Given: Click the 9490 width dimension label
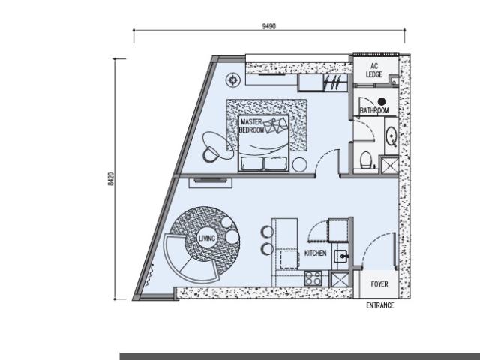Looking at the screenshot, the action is [x=269, y=26].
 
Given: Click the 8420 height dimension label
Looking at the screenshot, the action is [x=111, y=178].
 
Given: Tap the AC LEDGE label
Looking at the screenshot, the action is [x=374, y=70].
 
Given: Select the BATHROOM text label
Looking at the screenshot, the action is [x=374, y=110].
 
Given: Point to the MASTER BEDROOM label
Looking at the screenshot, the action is [x=251, y=126].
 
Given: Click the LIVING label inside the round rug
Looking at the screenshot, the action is [x=207, y=238].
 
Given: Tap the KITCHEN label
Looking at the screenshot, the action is [x=315, y=253].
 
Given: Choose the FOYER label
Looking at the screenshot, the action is [x=379, y=284].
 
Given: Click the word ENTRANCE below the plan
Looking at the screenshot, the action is [x=380, y=305].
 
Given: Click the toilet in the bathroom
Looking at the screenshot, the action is [x=366, y=160].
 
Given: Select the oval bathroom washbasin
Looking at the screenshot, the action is [x=391, y=136].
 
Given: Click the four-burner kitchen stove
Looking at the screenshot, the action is [x=313, y=278].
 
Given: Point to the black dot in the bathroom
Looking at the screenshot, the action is [x=382, y=101].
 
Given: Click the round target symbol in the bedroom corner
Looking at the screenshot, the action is [x=233, y=80].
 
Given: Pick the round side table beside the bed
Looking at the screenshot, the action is [x=300, y=165].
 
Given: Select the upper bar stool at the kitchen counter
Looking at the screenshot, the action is [x=267, y=232].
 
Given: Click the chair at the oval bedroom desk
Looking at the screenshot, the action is [x=210, y=154].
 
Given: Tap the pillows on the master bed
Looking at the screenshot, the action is [x=276, y=125].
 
